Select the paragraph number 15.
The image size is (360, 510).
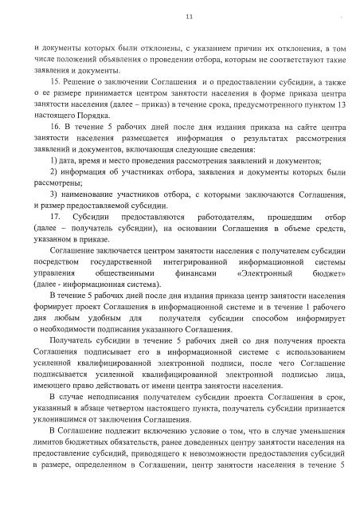coord(54,83)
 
